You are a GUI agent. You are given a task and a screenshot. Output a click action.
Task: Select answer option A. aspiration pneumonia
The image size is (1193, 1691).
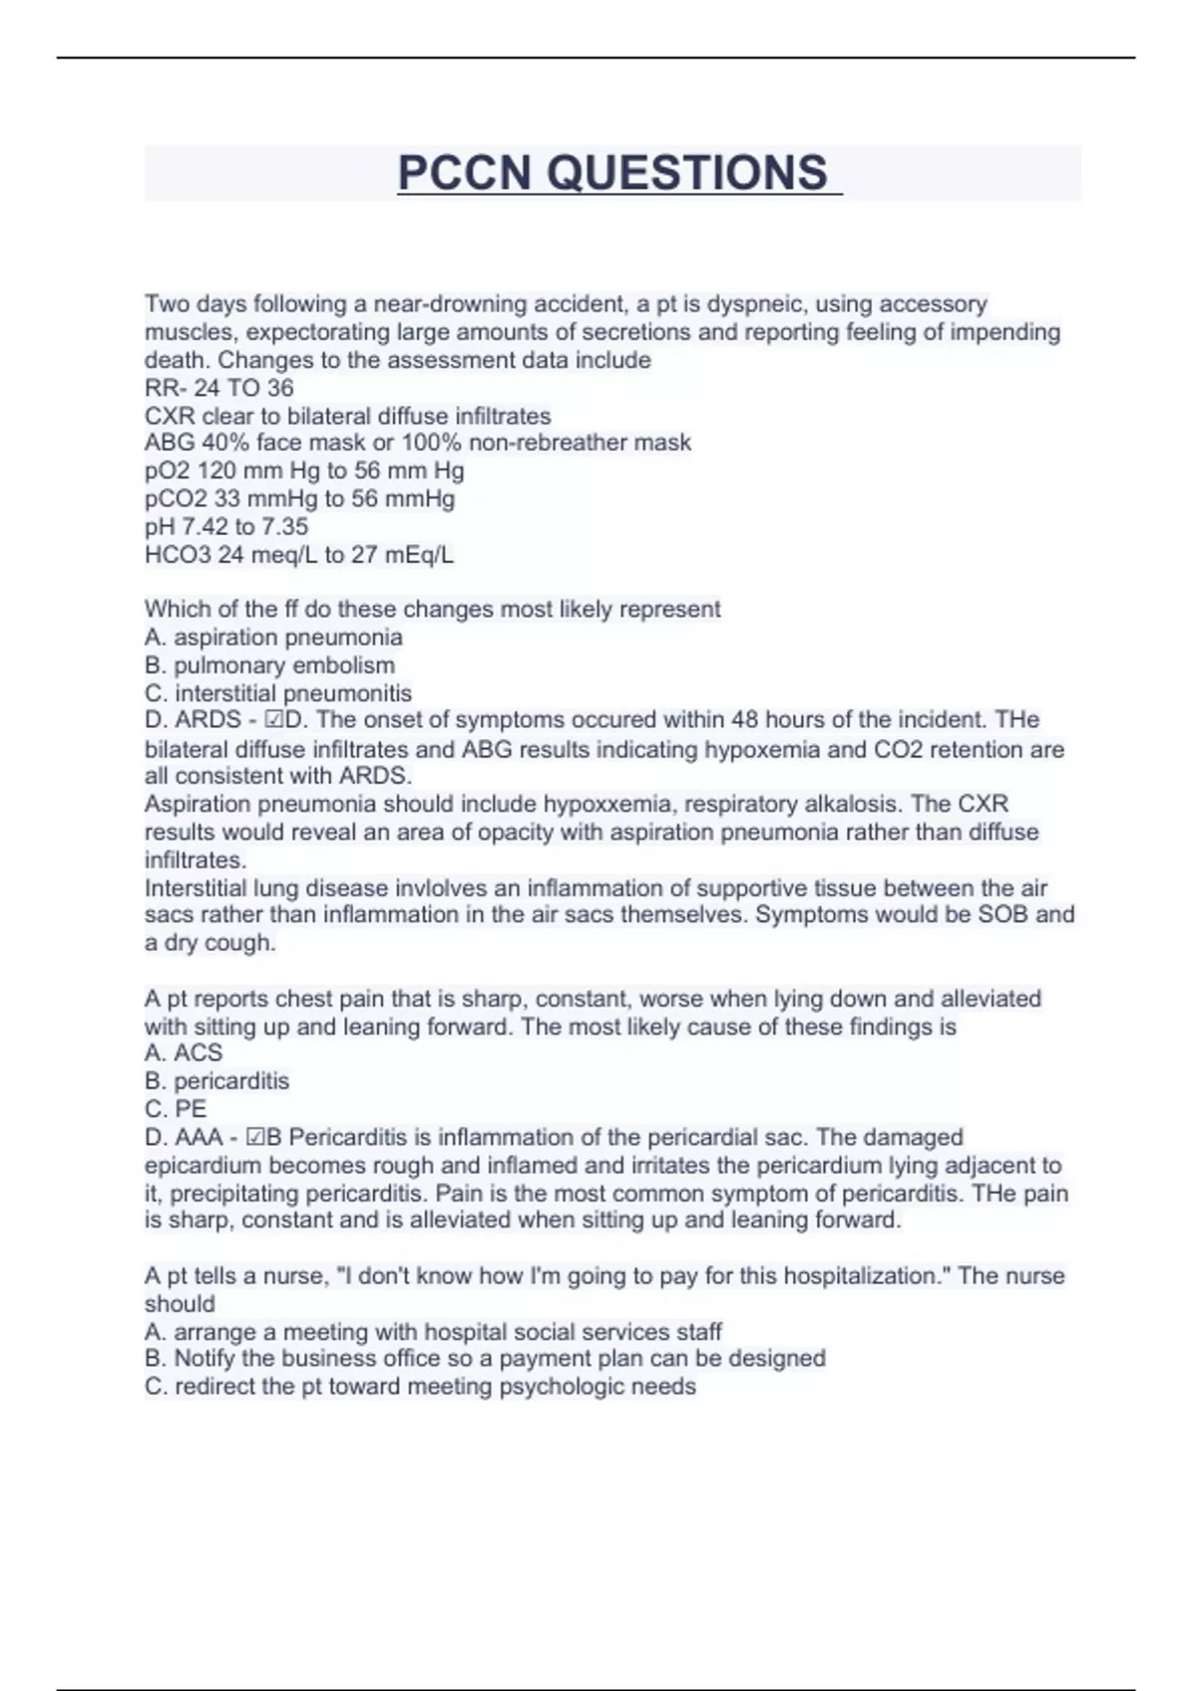coord(273,638)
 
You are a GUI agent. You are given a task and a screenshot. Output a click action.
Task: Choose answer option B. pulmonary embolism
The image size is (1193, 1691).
coord(269,665)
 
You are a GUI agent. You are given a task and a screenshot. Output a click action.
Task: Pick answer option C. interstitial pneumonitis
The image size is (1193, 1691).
coord(278,693)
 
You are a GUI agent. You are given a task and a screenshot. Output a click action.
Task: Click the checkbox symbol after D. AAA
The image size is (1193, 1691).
coord(254,1138)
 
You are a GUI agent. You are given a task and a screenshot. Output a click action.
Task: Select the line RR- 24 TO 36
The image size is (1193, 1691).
coord(219,388)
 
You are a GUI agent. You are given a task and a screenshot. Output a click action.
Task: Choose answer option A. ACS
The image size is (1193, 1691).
coord(184,1053)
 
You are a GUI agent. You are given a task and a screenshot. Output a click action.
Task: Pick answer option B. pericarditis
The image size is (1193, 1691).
coord(217,1081)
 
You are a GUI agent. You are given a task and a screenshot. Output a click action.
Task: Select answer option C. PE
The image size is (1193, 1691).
coord(176,1109)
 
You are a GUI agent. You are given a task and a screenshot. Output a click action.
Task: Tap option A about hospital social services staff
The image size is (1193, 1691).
coord(433,1332)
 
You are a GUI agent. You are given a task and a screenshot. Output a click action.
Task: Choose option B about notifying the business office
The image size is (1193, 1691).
coord(485,1359)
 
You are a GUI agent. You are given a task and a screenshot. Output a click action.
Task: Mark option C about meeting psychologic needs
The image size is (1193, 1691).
coord(421,1387)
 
